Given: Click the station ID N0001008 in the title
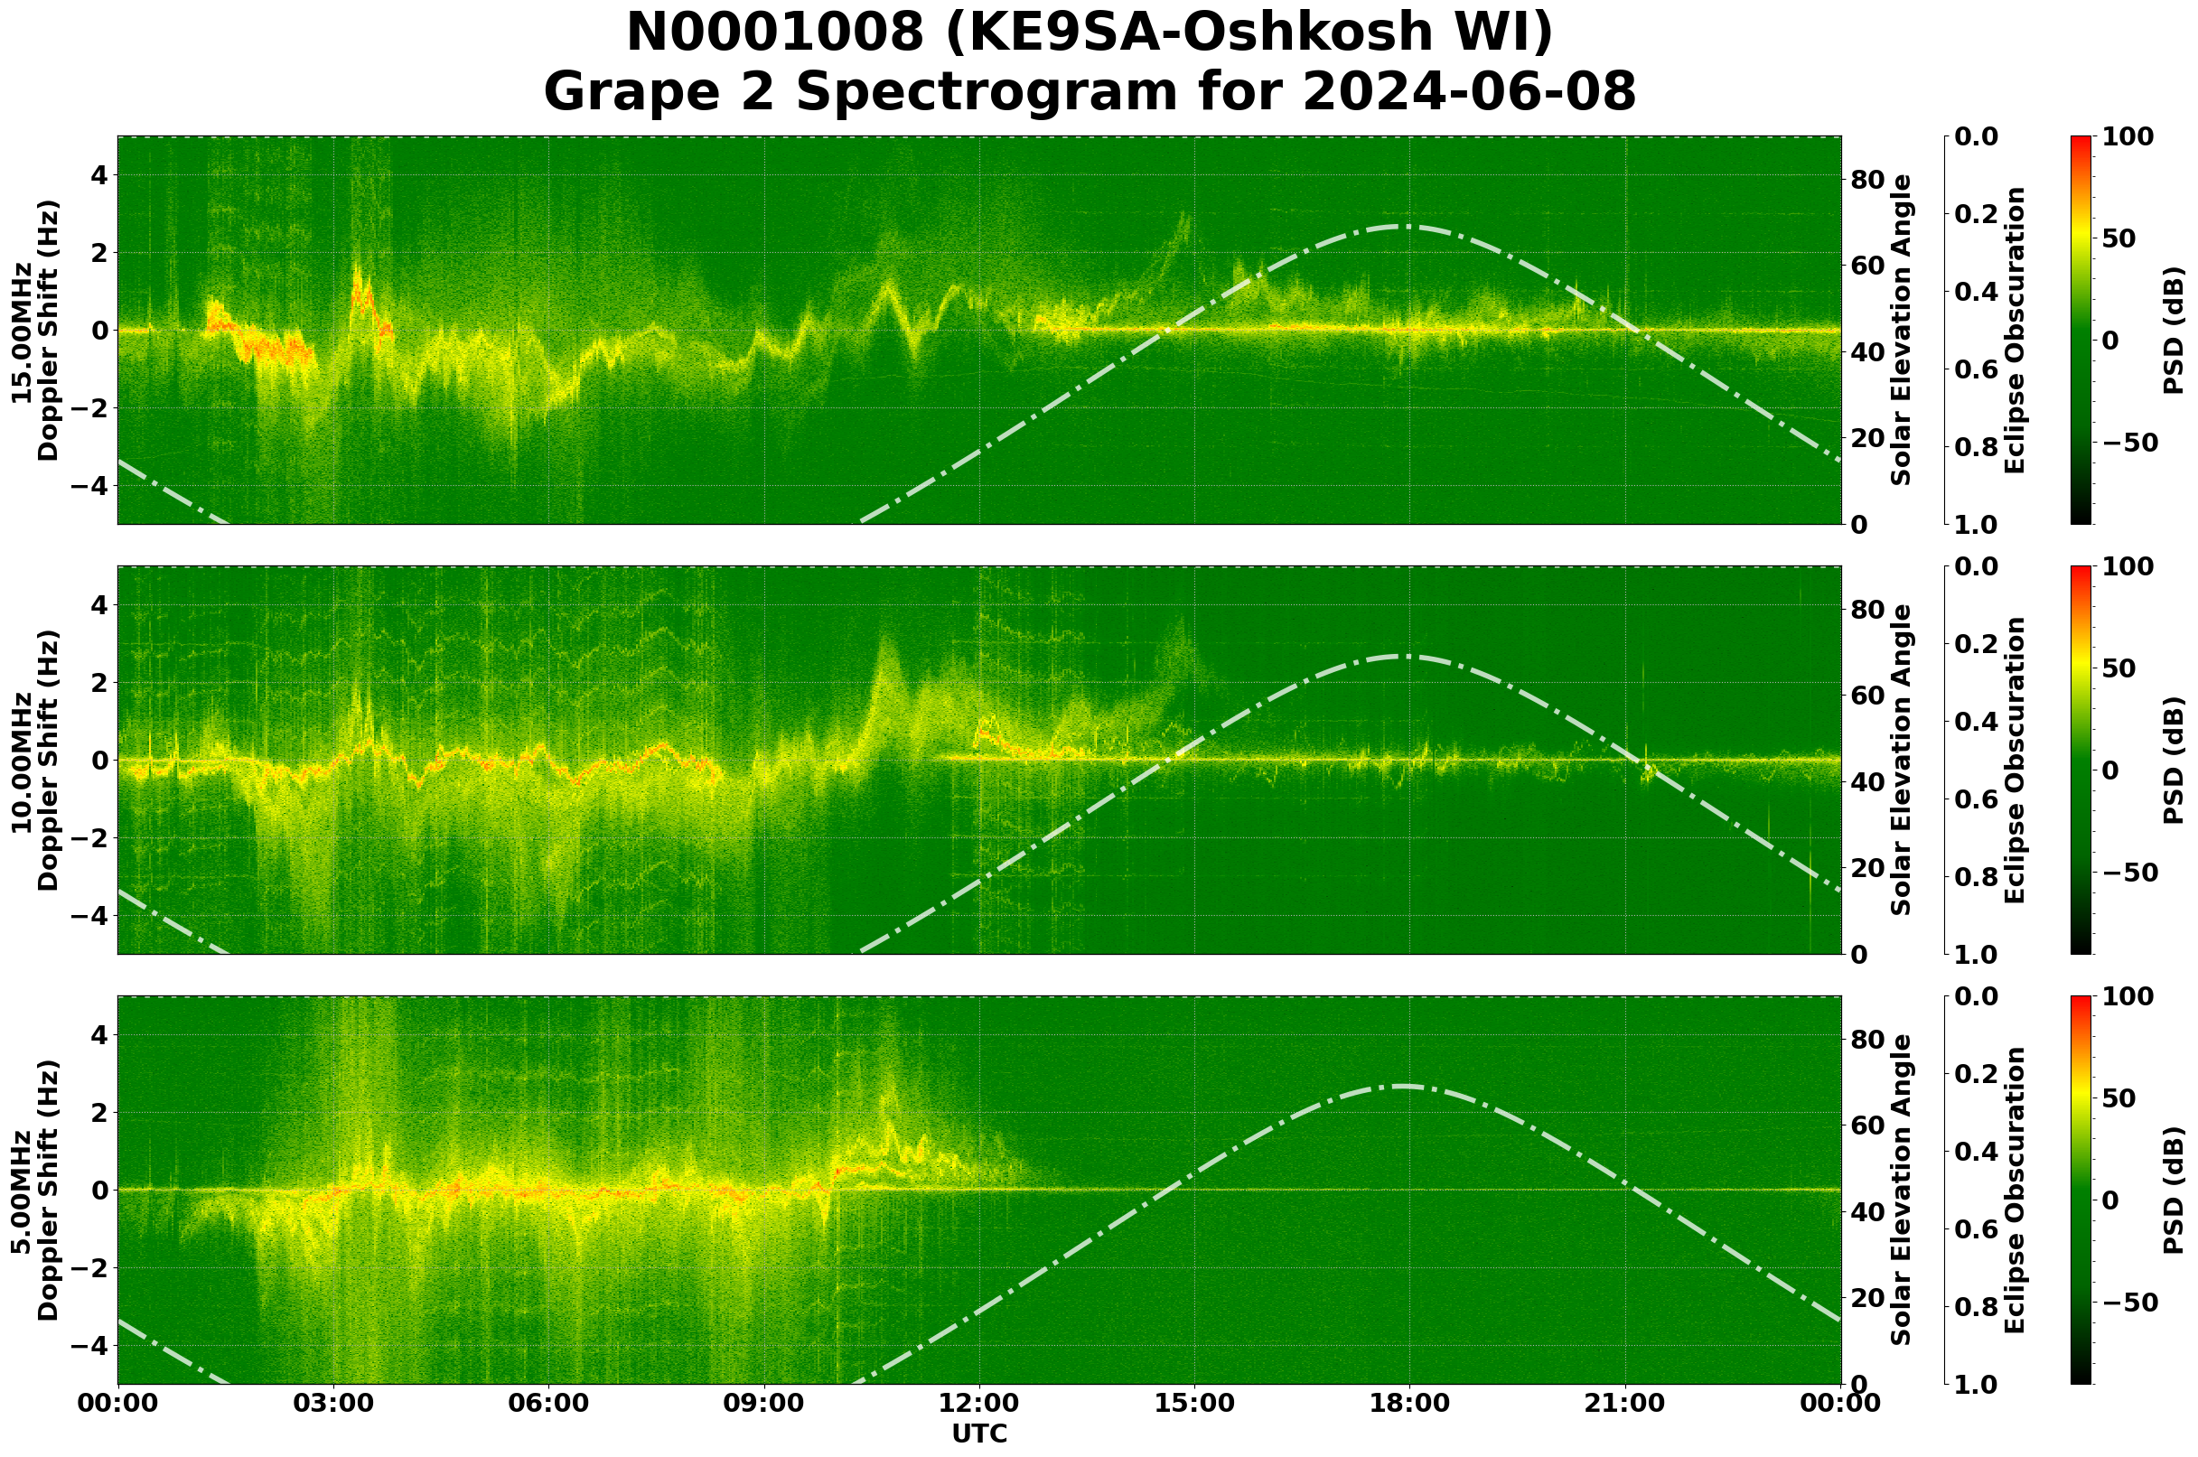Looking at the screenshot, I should [x=775, y=33].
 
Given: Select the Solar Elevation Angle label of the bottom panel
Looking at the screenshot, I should [x=1902, y=1190].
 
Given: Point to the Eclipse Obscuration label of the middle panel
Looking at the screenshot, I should [x=2014, y=760].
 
